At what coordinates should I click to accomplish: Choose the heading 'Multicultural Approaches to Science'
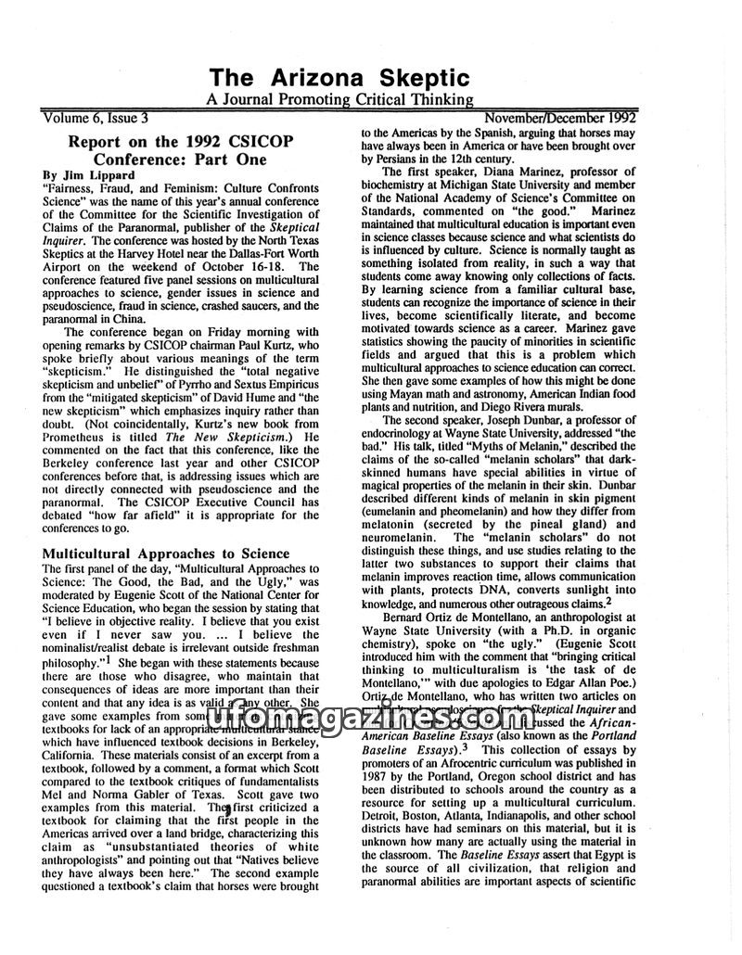166,554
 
